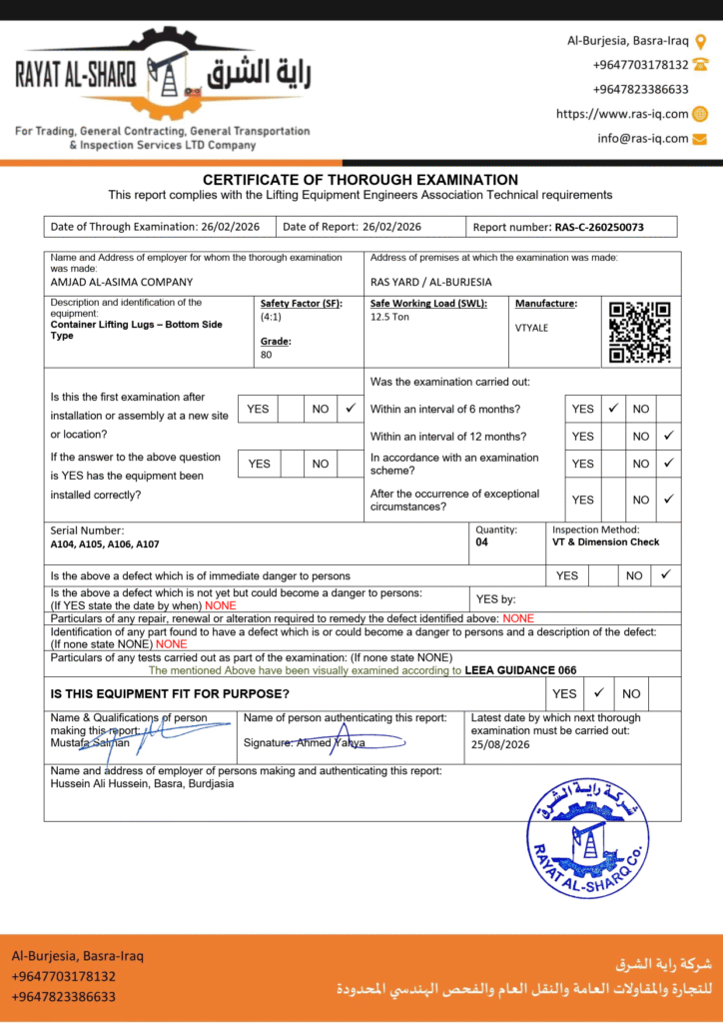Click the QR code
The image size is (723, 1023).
(639, 332)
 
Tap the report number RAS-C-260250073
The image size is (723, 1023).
(598, 227)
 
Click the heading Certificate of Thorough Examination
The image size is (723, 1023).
(361, 180)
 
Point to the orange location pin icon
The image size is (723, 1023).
(700, 41)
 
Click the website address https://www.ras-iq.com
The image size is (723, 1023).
(622, 114)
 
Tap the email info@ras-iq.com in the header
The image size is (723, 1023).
(643, 139)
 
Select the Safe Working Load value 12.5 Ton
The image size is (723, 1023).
(390, 317)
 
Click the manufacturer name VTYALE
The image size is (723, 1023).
(531, 328)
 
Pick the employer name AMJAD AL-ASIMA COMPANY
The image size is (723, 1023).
(122, 282)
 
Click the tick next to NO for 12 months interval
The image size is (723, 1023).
(668, 436)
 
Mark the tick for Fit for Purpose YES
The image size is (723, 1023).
(598, 692)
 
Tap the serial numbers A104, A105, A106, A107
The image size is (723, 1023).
(105, 544)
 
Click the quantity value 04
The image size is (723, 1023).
(482, 542)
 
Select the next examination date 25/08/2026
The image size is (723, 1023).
(500, 744)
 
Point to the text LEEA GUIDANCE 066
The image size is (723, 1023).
(520, 670)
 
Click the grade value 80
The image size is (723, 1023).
(266, 355)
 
